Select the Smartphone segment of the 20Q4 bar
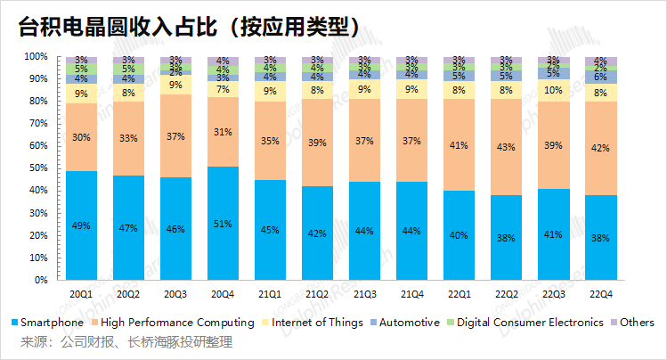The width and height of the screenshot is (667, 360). coord(223,223)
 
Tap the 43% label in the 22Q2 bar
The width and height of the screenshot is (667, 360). coord(506,147)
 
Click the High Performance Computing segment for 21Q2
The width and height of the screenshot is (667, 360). coord(317,143)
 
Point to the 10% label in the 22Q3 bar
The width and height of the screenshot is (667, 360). coord(553,90)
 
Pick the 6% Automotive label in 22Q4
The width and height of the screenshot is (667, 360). coord(600,77)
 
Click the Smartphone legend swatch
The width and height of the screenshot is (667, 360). coord(15,323)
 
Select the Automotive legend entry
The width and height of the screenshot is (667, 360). coord(405,323)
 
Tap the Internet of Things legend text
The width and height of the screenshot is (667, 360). coord(317,323)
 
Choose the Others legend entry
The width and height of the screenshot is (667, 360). coord(632,323)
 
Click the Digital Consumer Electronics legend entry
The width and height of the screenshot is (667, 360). coord(525,323)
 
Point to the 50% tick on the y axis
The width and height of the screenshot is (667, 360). coord(38,168)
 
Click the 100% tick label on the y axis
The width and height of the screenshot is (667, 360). coord(37,57)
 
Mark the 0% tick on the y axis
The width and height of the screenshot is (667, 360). coord(41,280)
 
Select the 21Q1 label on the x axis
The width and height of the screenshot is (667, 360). coord(270,294)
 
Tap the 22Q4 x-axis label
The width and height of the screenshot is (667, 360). coord(600,294)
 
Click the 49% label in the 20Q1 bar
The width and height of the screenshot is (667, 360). coord(81,225)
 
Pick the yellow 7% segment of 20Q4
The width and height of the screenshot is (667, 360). coord(223,89)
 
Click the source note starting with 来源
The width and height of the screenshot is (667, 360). coord(126,341)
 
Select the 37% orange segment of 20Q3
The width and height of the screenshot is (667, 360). coord(175,135)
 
